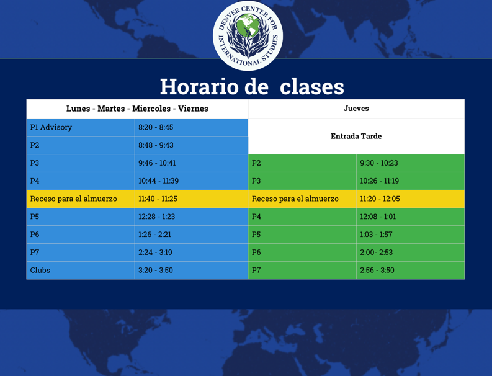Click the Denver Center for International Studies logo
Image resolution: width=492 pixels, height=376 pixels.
tap(248, 35)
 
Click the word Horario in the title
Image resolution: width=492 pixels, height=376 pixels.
tap(199, 87)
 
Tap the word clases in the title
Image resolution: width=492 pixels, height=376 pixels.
tap(312, 87)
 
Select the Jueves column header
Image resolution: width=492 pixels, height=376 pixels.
tap(356, 109)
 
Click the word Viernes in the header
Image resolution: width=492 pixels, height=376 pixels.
tap(193, 109)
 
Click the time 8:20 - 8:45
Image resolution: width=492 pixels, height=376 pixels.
tap(156, 127)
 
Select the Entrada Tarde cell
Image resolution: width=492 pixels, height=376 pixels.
tap(356, 137)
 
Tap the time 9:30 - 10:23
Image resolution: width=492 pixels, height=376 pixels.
tap(378, 163)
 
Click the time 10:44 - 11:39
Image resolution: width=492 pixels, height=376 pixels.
tap(158, 181)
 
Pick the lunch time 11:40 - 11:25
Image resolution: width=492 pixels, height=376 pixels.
tap(158, 199)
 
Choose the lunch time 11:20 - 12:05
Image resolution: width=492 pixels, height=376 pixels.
tap(380, 199)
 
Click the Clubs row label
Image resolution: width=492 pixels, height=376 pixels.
tap(40, 271)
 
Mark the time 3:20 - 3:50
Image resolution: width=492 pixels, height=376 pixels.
tap(156, 271)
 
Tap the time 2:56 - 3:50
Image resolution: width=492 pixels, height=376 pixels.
tap(377, 271)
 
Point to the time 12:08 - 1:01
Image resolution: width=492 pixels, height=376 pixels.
tap(378, 217)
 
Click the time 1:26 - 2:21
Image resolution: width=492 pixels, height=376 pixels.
tap(154, 235)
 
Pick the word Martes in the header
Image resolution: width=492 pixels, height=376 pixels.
tap(111, 109)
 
